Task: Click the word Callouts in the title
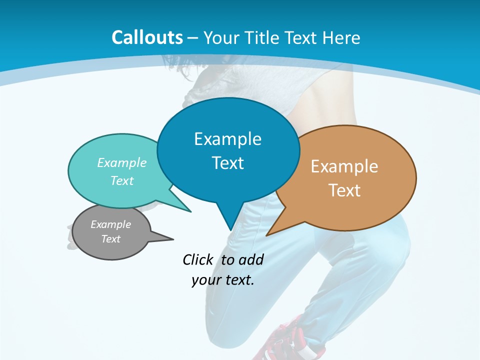pyautogui.click(x=147, y=37)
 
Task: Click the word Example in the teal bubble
pyautogui.click(x=122, y=162)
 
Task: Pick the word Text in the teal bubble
pyautogui.click(x=122, y=180)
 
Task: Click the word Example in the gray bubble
pyautogui.click(x=110, y=224)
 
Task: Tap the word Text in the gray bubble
pyautogui.click(x=110, y=239)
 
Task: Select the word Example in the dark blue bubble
pyautogui.click(x=227, y=139)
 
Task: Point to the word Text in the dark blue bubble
pyautogui.click(x=227, y=163)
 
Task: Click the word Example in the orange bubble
pyautogui.click(x=344, y=166)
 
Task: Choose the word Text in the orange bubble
pyautogui.click(x=344, y=190)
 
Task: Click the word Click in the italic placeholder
pyautogui.click(x=198, y=259)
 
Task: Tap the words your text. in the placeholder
pyautogui.click(x=223, y=280)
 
